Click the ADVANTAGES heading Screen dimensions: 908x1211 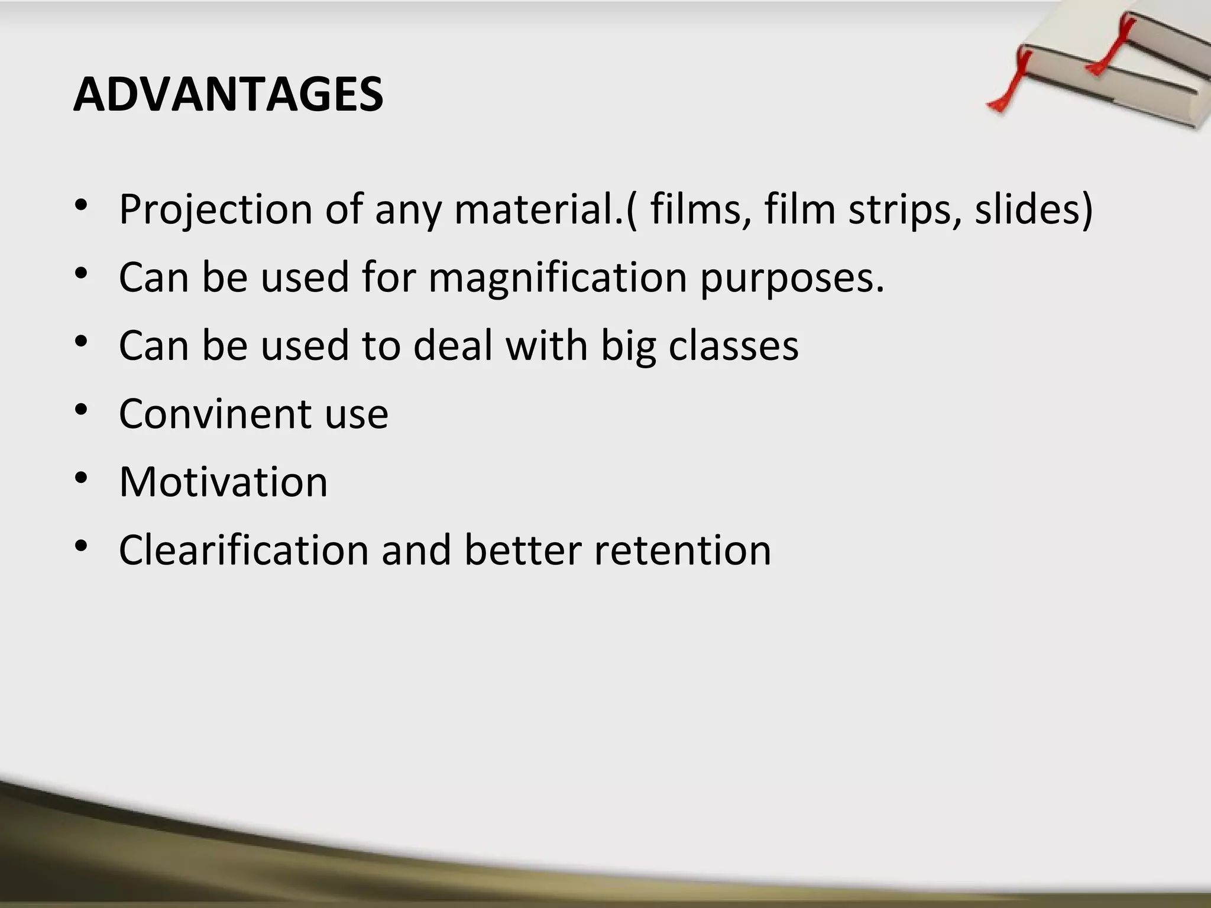228,95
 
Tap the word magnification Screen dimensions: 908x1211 557,277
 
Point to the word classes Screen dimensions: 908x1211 733,345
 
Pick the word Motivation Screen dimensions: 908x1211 223,482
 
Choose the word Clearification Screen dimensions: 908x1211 243,550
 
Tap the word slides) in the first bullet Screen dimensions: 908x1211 1034,209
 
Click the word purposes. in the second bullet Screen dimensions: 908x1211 792,277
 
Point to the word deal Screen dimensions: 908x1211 452,345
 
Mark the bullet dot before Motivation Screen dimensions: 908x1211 81,476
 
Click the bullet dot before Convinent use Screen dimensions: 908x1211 81,408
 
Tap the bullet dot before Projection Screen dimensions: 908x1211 81,205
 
